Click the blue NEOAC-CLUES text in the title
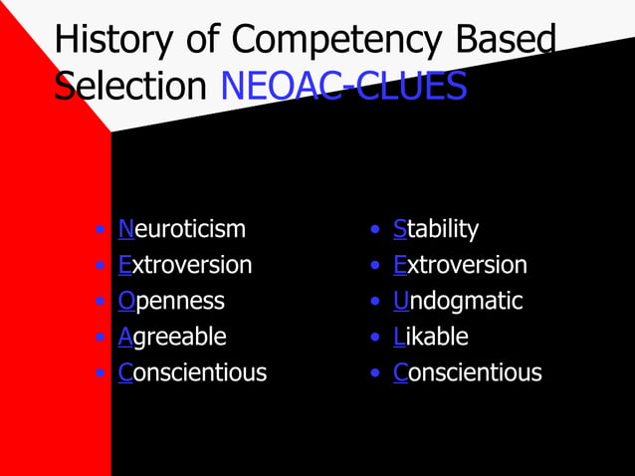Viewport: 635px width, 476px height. [343, 87]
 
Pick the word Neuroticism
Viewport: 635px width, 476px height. [181, 229]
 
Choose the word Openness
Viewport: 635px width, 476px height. [171, 301]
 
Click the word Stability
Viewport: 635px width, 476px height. [436, 229]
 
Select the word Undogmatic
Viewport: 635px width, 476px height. [458, 301]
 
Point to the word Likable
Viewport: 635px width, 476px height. [431, 337]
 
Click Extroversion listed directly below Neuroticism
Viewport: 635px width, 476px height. [185, 265]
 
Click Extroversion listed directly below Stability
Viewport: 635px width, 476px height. [460, 265]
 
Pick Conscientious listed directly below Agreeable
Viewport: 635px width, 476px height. [192, 372]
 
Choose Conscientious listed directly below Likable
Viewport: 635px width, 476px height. [468, 372]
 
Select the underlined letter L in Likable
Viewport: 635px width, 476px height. [398, 337]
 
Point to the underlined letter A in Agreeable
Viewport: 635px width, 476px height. [125, 337]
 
